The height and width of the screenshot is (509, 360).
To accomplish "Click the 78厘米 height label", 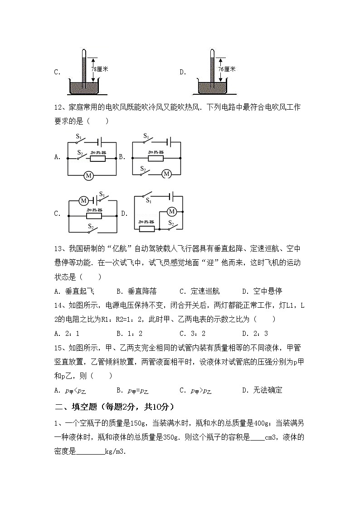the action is (x=99, y=69).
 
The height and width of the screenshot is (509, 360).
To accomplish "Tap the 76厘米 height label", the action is (x=226, y=69).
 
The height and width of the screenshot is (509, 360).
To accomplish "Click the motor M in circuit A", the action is (x=89, y=175).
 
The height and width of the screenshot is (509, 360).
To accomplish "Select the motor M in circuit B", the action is (x=166, y=174).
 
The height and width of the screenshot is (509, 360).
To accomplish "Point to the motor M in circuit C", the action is (x=83, y=200).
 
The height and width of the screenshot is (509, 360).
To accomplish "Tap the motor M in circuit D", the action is (x=171, y=212).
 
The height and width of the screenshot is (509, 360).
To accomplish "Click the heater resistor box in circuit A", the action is (x=98, y=158).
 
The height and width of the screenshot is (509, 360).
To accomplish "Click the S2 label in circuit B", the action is (x=142, y=168).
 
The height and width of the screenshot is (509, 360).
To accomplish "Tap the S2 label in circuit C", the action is (x=91, y=226).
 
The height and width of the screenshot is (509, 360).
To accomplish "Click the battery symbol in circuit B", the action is (x=170, y=141).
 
